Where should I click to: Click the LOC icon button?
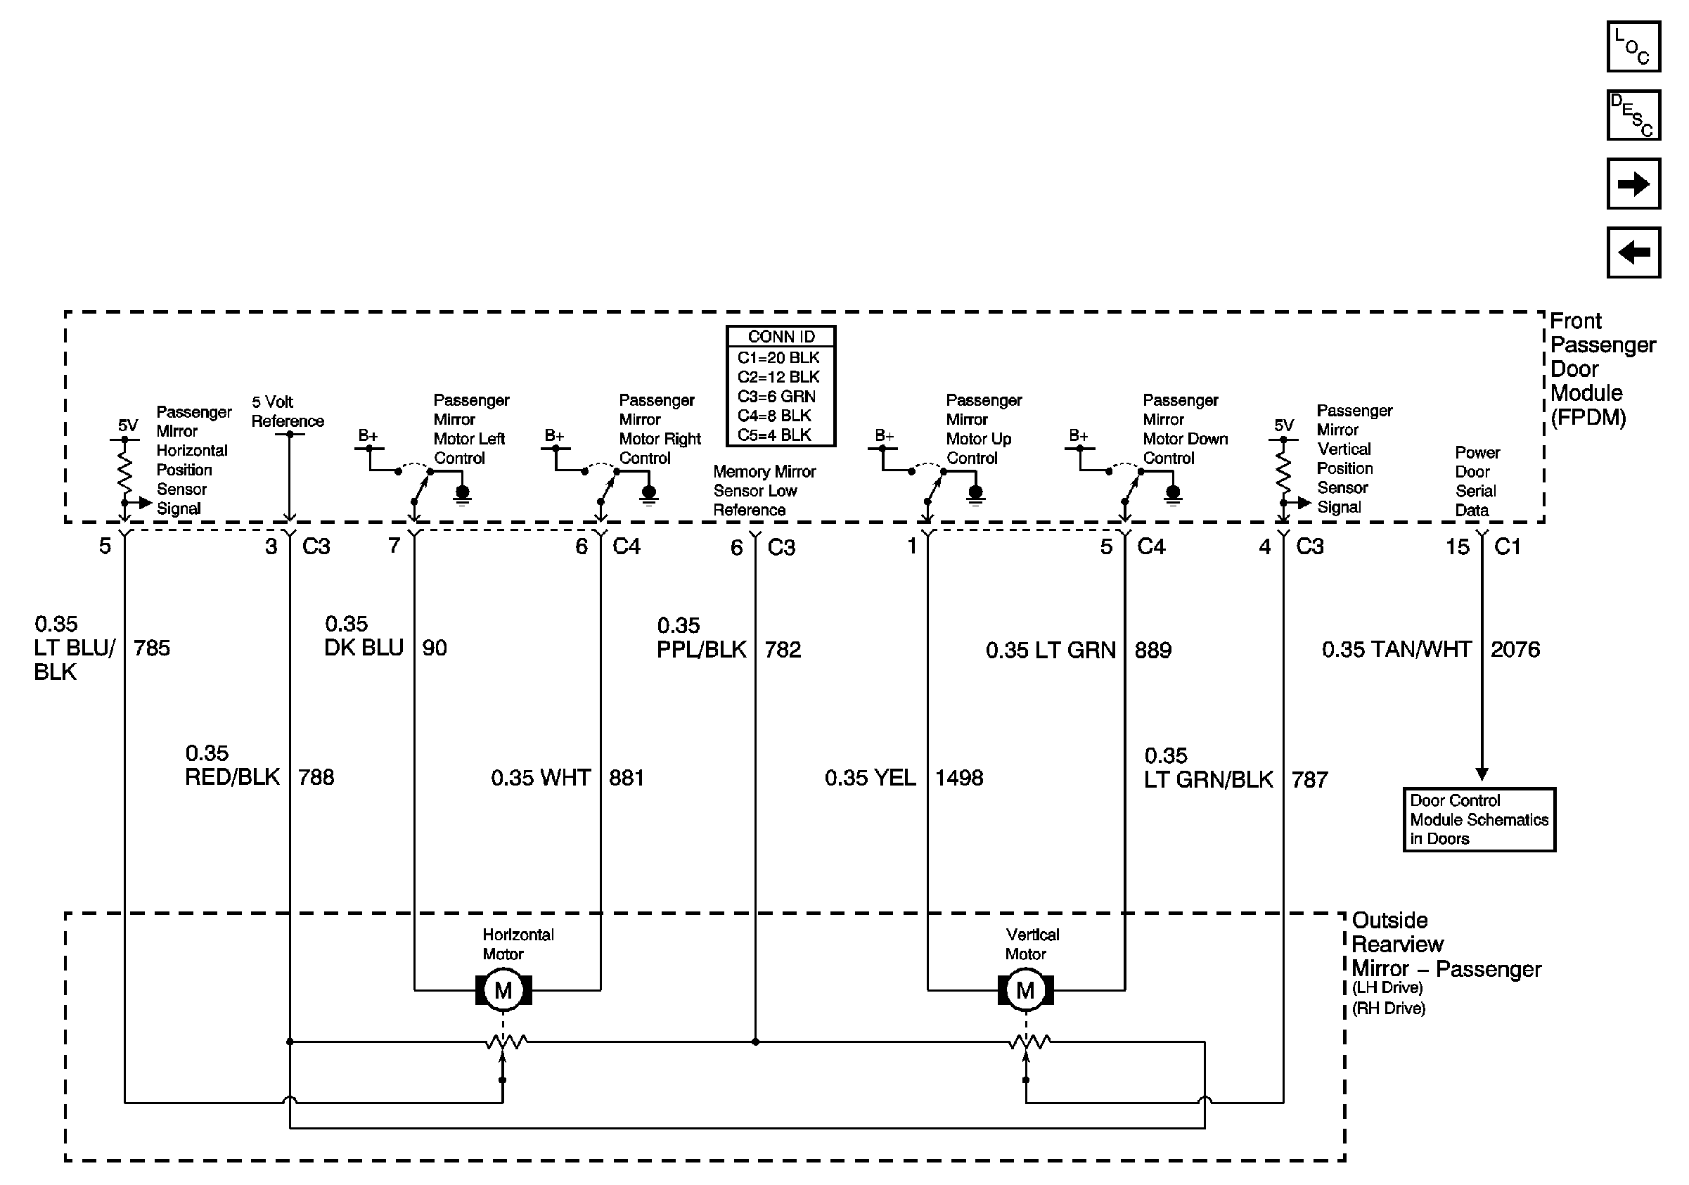[x=1633, y=46]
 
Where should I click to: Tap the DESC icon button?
[x=1633, y=115]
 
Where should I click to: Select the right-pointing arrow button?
[x=1633, y=183]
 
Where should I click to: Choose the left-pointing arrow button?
[x=1633, y=252]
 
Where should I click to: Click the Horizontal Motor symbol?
[x=503, y=990]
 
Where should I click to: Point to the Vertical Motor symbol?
[x=1025, y=990]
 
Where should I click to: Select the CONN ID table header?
[x=781, y=337]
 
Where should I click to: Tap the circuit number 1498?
[x=958, y=779]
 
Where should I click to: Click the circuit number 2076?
[x=1515, y=650]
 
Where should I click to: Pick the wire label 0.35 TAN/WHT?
[x=1396, y=650]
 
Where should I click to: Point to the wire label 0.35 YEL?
[x=871, y=779]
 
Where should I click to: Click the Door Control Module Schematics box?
[x=1479, y=819]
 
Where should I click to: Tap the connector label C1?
[x=1508, y=546]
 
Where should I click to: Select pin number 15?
[x=1457, y=546]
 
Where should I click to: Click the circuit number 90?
[x=434, y=648]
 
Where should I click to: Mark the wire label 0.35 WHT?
[x=541, y=779]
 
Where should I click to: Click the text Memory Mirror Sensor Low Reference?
[x=764, y=491]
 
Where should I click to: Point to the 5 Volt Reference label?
[x=287, y=411]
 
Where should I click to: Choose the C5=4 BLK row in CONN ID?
[x=775, y=435]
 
